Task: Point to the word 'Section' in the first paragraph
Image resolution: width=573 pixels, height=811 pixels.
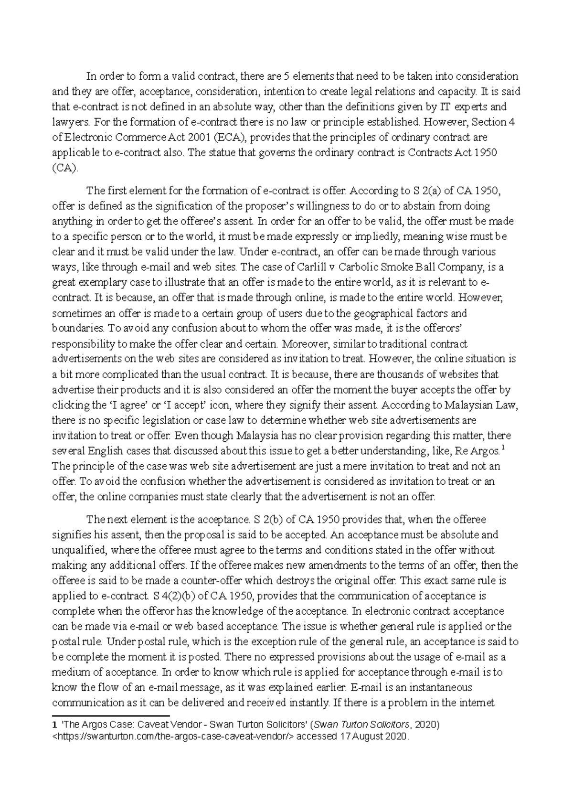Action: point(490,122)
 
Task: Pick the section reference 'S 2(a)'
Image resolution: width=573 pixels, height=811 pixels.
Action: point(426,191)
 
